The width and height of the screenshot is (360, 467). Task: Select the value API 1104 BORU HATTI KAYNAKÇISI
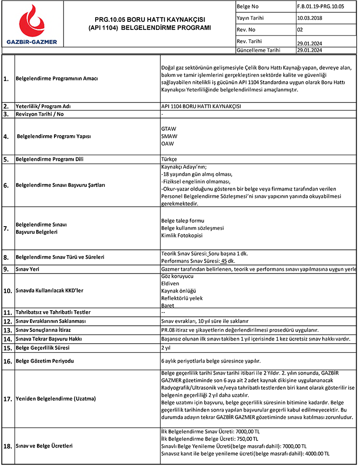(x=201, y=106)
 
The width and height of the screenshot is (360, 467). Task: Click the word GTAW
(x=169, y=128)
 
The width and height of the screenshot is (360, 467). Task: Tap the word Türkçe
(x=169, y=159)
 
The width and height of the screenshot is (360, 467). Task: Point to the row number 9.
(x=6, y=269)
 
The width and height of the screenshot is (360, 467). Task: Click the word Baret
(x=168, y=305)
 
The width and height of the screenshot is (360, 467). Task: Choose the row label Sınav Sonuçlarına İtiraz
(x=47, y=330)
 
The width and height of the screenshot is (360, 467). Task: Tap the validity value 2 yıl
(x=166, y=348)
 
